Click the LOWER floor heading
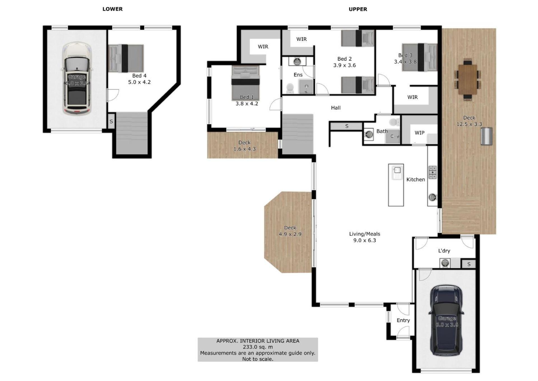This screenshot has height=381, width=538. [112, 9]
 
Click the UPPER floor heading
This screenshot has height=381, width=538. [358, 9]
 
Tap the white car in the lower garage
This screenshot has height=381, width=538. [77, 78]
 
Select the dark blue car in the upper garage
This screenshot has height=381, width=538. [446, 320]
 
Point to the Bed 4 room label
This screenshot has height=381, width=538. [139, 76]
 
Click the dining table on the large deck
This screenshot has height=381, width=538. [467, 80]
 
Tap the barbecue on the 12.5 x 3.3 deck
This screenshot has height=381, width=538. [486, 136]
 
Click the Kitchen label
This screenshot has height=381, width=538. [416, 180]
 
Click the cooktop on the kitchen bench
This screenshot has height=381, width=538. [433, 172]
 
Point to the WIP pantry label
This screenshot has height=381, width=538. [419, 133]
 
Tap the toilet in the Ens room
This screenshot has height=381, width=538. [290, 88]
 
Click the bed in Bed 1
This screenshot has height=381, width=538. [245, 82]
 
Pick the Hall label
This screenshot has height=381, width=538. [336, 108]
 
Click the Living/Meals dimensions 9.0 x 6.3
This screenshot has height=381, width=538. [365, 240]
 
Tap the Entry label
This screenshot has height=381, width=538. [403, 320]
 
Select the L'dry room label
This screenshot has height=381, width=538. [444, 251]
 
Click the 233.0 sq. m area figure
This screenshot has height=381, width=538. [258, 347]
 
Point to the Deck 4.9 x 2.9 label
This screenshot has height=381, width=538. [290, 231]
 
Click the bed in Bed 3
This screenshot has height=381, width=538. [419, 57]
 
